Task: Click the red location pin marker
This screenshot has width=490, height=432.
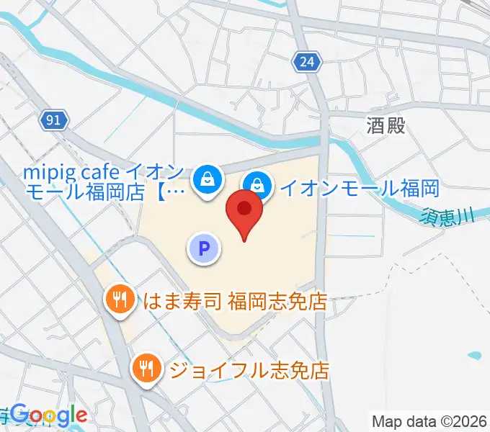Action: coord(244,210)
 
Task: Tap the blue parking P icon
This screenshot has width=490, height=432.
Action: coord(204,249)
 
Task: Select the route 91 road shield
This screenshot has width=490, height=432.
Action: coord(55,120)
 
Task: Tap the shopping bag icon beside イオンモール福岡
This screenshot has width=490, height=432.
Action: coord(257,185)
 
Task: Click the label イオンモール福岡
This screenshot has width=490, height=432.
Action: coord(359,189)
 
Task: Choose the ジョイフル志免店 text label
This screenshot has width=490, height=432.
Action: coord(249,371)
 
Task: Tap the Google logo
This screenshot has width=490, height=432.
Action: coord(48,414)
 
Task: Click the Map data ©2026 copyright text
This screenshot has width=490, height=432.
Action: coord(429,421)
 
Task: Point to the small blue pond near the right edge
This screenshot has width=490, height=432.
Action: coord(474,356)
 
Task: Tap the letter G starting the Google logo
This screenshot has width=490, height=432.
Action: coord(19,414)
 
